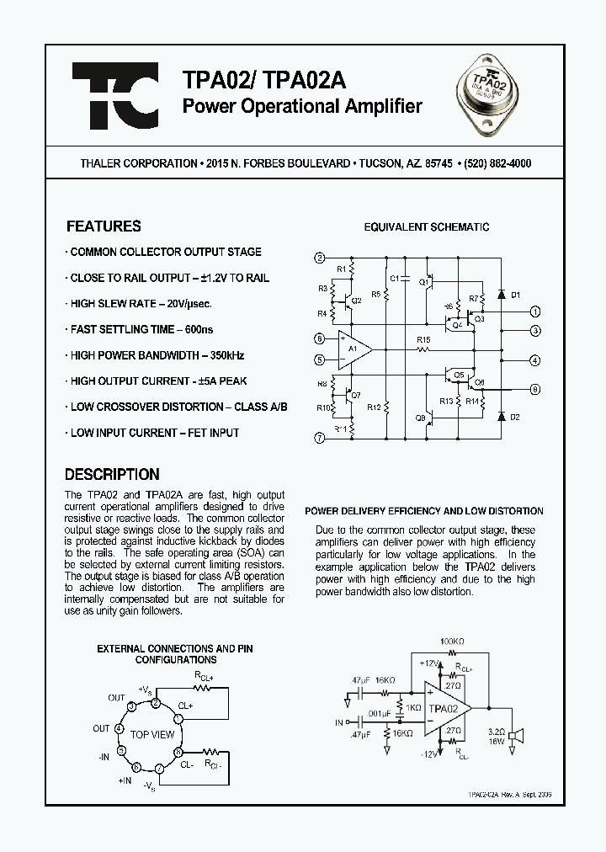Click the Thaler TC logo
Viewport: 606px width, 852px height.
114,95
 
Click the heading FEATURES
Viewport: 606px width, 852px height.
104,226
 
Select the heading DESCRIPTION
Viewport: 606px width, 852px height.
112,474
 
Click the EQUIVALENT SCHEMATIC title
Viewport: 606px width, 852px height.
426,227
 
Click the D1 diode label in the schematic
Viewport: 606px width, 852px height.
516,295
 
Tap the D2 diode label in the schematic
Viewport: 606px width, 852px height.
516,417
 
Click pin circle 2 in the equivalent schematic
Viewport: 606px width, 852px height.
319,258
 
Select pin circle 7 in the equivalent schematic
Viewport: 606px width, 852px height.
319,438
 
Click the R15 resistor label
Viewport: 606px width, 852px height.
423,340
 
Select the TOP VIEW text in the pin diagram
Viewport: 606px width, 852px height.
151,735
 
